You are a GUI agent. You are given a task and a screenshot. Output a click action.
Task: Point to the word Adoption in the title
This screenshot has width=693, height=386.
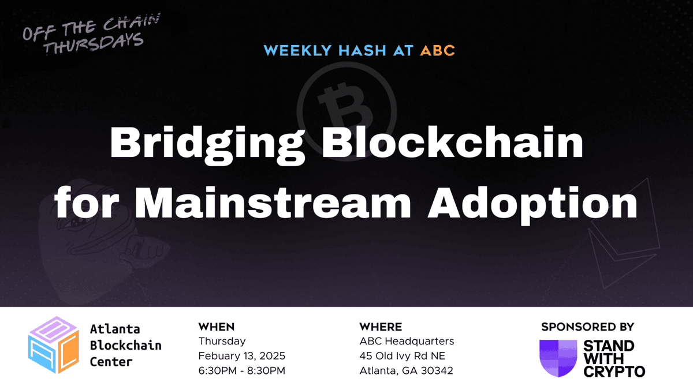[x=532, y=203]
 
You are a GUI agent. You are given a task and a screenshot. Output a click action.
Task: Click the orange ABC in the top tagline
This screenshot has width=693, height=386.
[x=437, y=50]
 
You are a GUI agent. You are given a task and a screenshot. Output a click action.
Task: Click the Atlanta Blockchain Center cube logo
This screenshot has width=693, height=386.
[x=53, y=346]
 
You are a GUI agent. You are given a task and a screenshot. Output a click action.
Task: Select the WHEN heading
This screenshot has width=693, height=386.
[x=217, y=327]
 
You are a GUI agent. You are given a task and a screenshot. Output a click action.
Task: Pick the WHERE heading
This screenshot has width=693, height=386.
[x=381, y=327]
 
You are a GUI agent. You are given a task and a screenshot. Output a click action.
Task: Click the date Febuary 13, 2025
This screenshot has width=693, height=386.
[x=241, y=355]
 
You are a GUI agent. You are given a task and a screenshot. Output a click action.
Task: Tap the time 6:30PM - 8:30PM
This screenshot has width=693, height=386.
[x=241, y=370]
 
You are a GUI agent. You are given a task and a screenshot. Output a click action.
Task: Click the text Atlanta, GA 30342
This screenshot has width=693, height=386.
[x=406, y=370]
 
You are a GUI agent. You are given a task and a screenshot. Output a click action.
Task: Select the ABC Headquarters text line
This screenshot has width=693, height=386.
[x=407, y=341]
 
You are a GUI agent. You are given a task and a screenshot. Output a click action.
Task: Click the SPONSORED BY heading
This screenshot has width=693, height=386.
[x=587, y=327]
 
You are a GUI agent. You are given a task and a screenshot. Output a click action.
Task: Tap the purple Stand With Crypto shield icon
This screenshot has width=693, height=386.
[x=558, y=358]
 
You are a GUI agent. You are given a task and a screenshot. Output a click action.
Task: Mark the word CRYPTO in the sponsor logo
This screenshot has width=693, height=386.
[x=614, y=371]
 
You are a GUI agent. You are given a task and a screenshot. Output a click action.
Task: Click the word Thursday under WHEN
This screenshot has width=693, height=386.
[x=222, y=341]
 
